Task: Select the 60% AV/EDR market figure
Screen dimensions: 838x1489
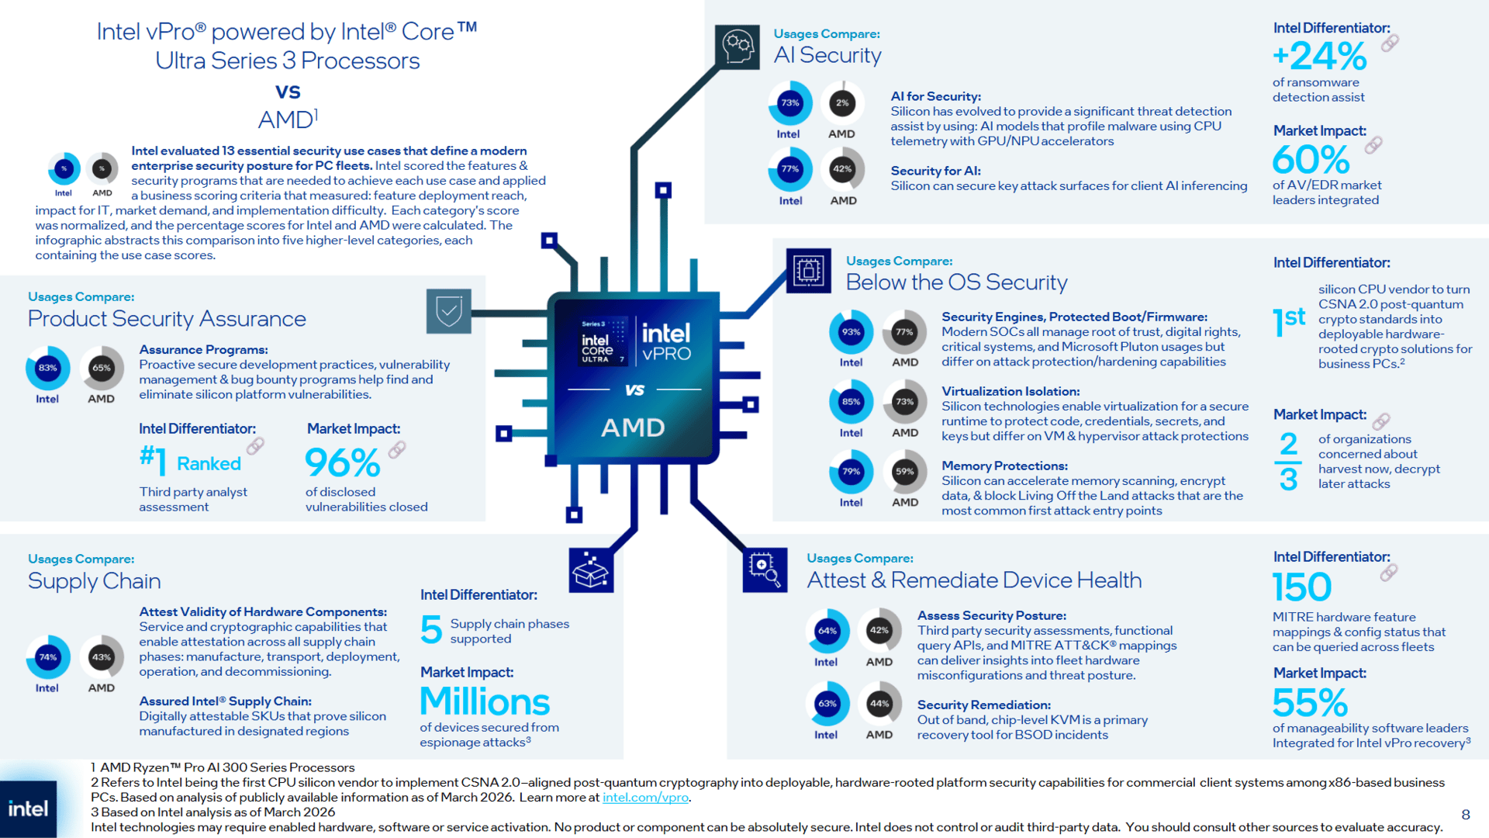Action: point(1311,160)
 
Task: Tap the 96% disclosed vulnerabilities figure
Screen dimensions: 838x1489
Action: point(342,463)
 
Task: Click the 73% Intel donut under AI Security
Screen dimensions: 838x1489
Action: point(789,103)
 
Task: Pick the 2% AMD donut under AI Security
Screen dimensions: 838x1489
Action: point(842,103)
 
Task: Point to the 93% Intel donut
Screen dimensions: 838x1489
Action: point(851,332)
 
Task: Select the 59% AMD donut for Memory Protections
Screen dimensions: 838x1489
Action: point(904,472)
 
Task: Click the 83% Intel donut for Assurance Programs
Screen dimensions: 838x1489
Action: point(47,368)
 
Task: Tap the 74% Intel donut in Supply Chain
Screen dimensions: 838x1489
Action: point(47,657)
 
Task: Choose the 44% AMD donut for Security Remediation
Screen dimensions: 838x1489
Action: point(879,704)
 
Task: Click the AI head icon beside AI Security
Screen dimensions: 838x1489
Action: point(738,47)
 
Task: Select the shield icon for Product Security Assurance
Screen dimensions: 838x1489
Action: point(448,311)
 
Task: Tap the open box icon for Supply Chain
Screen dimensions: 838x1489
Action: point(591,571)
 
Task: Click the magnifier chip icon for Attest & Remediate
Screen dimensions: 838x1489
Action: point(765,570)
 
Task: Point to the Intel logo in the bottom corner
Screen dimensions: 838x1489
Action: point(29,809)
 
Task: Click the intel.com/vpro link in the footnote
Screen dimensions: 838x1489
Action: point(645,798)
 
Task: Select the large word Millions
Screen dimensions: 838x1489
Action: point(485,702)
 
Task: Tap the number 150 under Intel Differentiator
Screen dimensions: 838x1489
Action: point(1301,587)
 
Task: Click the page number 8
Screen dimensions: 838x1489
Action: point(1465,814)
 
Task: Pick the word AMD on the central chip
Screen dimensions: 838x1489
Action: point(633,428)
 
